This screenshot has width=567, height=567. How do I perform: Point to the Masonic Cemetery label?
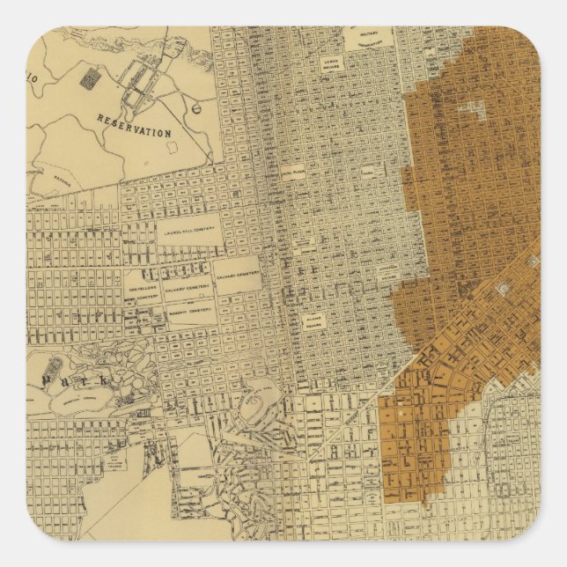click(190, 310)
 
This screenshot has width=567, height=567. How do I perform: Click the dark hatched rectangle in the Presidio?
click(87, 78)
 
